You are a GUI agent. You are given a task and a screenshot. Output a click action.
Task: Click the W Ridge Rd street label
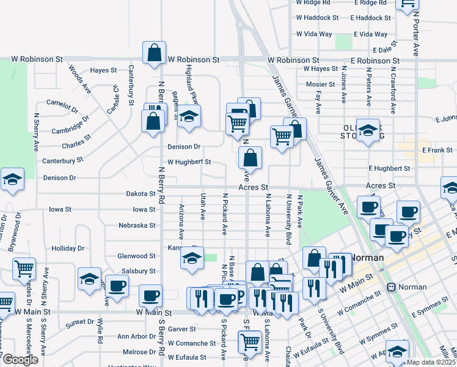[316, 2]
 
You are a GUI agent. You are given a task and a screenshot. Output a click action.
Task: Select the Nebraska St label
[137, 225]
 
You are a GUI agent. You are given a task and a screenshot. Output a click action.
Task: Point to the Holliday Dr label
[67, 248]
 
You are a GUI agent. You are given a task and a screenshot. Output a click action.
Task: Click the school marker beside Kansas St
[191, 259]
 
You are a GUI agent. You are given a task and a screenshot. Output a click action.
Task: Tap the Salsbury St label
[139, 270]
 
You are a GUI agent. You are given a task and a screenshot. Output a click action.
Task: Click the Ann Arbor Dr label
[132, 336]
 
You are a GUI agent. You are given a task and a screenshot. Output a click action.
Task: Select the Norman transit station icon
[391, 286]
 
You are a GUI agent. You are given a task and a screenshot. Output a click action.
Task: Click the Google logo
[20, 360]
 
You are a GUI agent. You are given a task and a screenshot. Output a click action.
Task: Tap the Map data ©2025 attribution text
[431, 362]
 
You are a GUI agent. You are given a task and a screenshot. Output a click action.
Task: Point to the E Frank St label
[436, 150]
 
